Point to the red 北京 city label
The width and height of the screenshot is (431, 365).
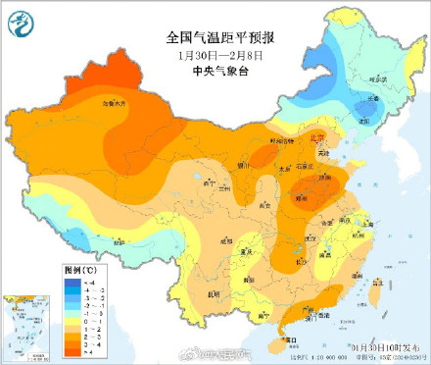point(315,138)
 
